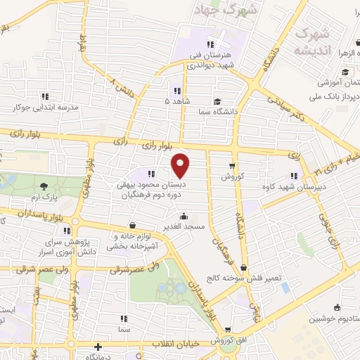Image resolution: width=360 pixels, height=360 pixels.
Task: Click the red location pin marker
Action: tap(181, 166)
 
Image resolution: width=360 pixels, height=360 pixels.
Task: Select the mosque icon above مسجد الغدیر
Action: tap(184, 216)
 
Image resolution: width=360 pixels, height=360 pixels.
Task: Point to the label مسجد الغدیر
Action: tap(184, 226)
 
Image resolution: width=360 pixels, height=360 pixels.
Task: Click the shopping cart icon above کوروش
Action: tap(232, 165)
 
